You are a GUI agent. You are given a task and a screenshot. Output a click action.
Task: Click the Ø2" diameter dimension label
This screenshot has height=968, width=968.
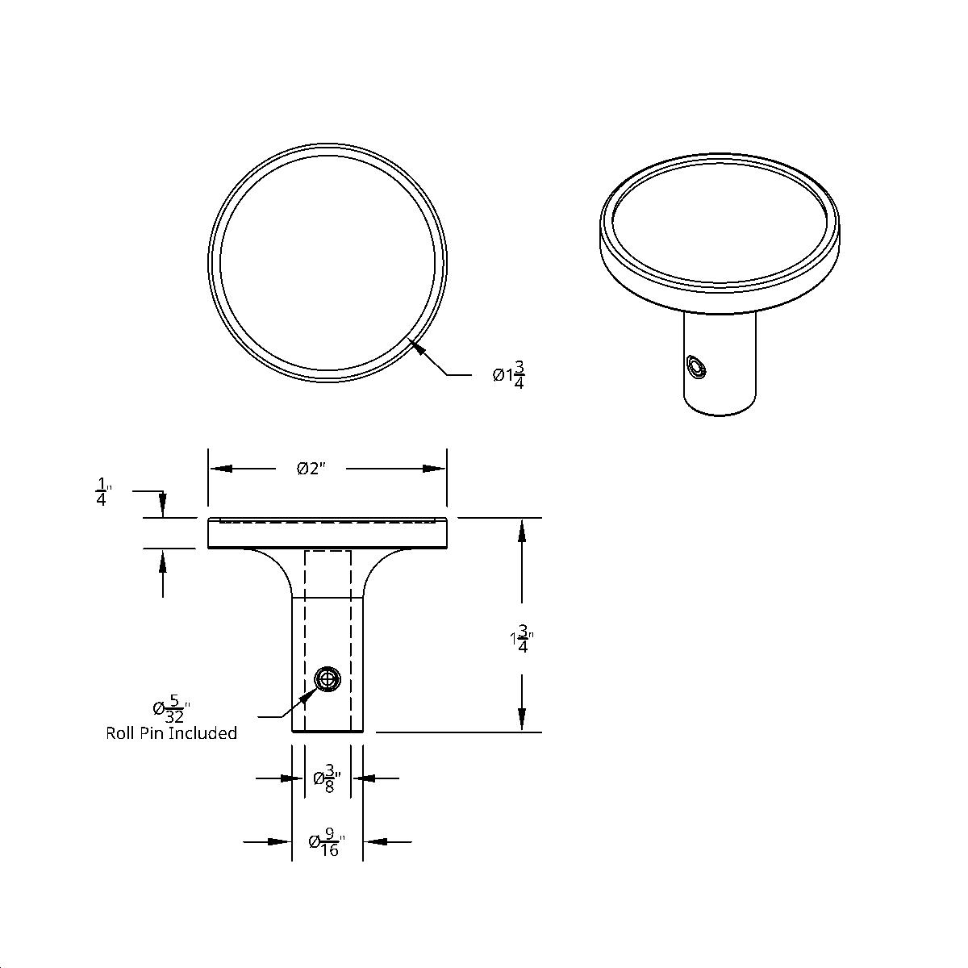tap(311, 469)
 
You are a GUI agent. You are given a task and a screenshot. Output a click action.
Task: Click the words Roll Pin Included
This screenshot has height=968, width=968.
tap(171, 733)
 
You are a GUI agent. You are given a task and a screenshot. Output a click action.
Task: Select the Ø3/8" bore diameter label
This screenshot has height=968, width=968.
tap(327, 779)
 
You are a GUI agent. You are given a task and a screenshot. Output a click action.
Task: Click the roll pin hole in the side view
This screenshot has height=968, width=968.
tap(327, 680)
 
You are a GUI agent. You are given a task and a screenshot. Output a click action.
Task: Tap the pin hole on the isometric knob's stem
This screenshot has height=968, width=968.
tap(695, 368)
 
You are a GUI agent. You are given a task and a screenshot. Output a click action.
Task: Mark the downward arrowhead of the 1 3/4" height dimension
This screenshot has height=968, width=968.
tap(523, 720)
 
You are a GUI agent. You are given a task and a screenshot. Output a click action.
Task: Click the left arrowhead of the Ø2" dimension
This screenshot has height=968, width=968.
tap(220, 469)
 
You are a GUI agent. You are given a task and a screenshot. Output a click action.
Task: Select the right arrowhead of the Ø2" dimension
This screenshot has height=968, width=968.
tap(435, 469)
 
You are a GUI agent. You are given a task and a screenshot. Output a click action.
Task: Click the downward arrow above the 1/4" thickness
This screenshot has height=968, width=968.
tap(163, 507)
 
